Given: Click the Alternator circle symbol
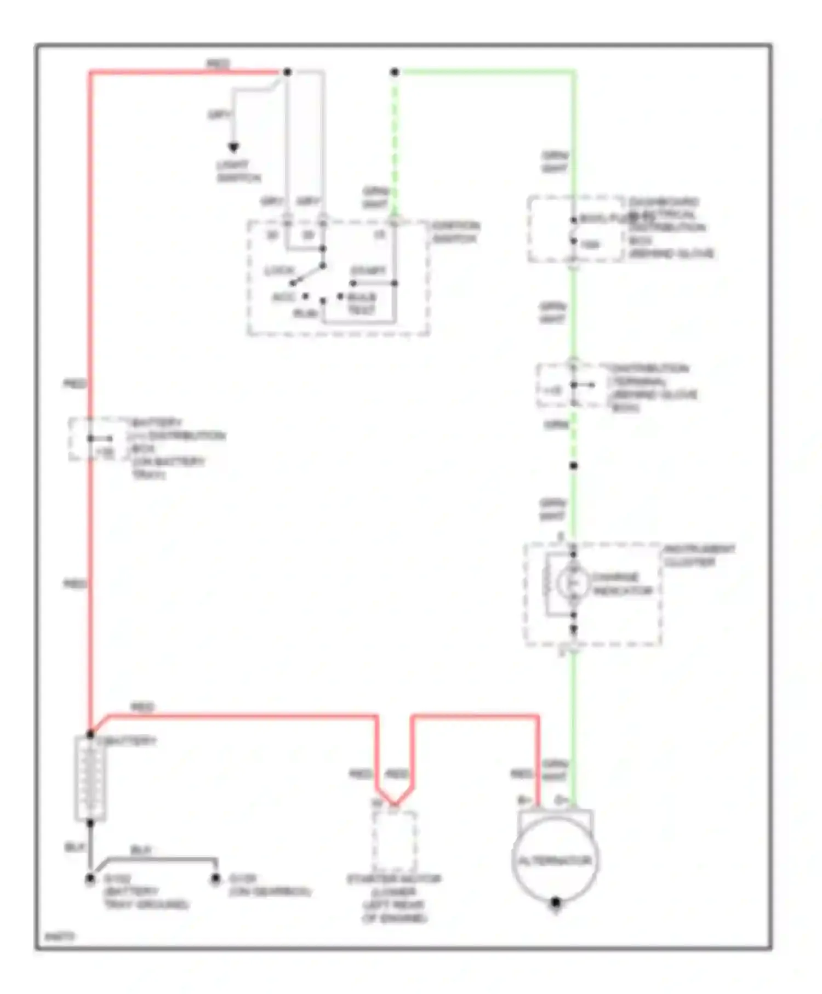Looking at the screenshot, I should click(555, 860).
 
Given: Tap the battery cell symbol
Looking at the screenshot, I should click(90, 778).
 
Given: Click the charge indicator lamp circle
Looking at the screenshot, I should click(573, 583).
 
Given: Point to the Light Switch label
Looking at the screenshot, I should click(238, 171).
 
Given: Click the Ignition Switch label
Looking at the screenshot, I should click(455, 232).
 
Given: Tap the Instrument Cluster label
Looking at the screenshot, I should click(699, 556).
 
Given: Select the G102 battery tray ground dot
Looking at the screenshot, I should click(90, 879).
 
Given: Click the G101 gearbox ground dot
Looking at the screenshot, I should click(216, 879).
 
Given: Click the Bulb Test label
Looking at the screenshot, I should click(362, 304).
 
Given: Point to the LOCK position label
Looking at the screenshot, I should click(279, 271).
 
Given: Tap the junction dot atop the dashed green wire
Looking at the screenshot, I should click(395, 72).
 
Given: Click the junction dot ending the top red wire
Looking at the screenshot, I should click(287, 72).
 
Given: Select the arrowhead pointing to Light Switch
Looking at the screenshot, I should click(233, 147).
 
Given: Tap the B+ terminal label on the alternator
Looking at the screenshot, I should click(524, 801).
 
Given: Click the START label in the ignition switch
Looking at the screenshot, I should click(368, 271).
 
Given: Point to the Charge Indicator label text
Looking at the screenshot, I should click(621, 584).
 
